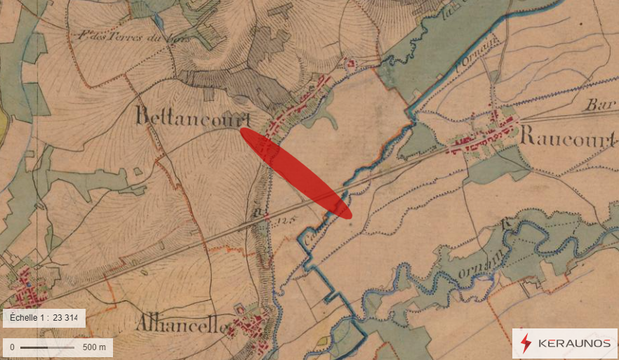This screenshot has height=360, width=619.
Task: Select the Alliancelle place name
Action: (x=180, y=326)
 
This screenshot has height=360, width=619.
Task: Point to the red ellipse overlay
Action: (x=295, y=173)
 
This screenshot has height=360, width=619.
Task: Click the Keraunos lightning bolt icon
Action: (x=526, y=343)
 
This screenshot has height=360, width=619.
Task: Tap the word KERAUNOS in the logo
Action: (x=574, y=344)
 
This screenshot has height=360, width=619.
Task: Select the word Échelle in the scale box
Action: (x=25, y=318)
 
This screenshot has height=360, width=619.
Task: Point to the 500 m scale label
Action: (x=94, y=347)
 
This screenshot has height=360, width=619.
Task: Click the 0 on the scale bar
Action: (x=12, y=347)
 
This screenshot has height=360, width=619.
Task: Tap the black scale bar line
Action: (x=46, y=347)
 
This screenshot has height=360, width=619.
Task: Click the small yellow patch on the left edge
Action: (x=3, y=126)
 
